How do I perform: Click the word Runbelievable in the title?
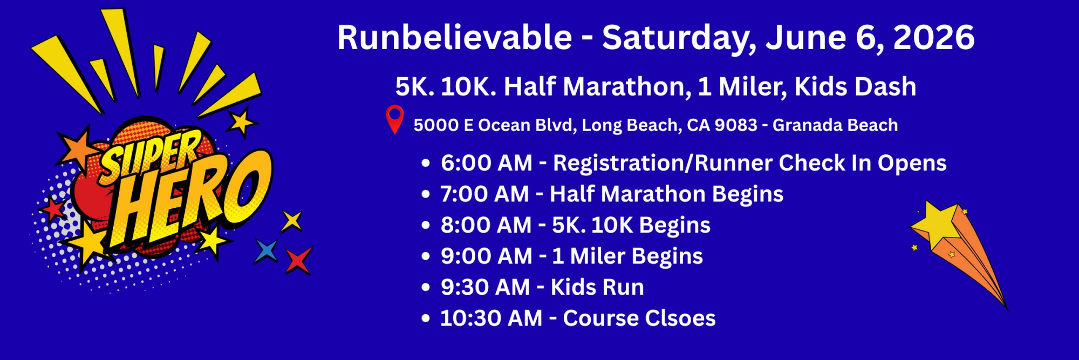[455, 37]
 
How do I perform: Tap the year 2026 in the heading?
[934, 37]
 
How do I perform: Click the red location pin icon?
[395, 119]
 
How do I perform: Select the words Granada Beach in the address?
[835, 125]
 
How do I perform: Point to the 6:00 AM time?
[487, 163]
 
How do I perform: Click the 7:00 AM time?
[485, 194]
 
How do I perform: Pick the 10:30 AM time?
[491, 318]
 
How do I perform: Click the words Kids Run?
[597, 287]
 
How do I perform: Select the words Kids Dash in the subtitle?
[855, 86]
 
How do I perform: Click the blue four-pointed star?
[266, 251]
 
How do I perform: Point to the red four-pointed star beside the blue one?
[298, 260]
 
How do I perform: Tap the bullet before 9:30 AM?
[426, 288]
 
